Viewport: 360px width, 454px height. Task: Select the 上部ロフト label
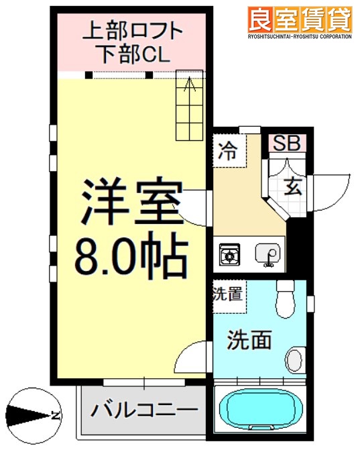(x=132, y=30)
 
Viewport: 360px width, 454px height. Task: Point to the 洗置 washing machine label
(x=227, y=293)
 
